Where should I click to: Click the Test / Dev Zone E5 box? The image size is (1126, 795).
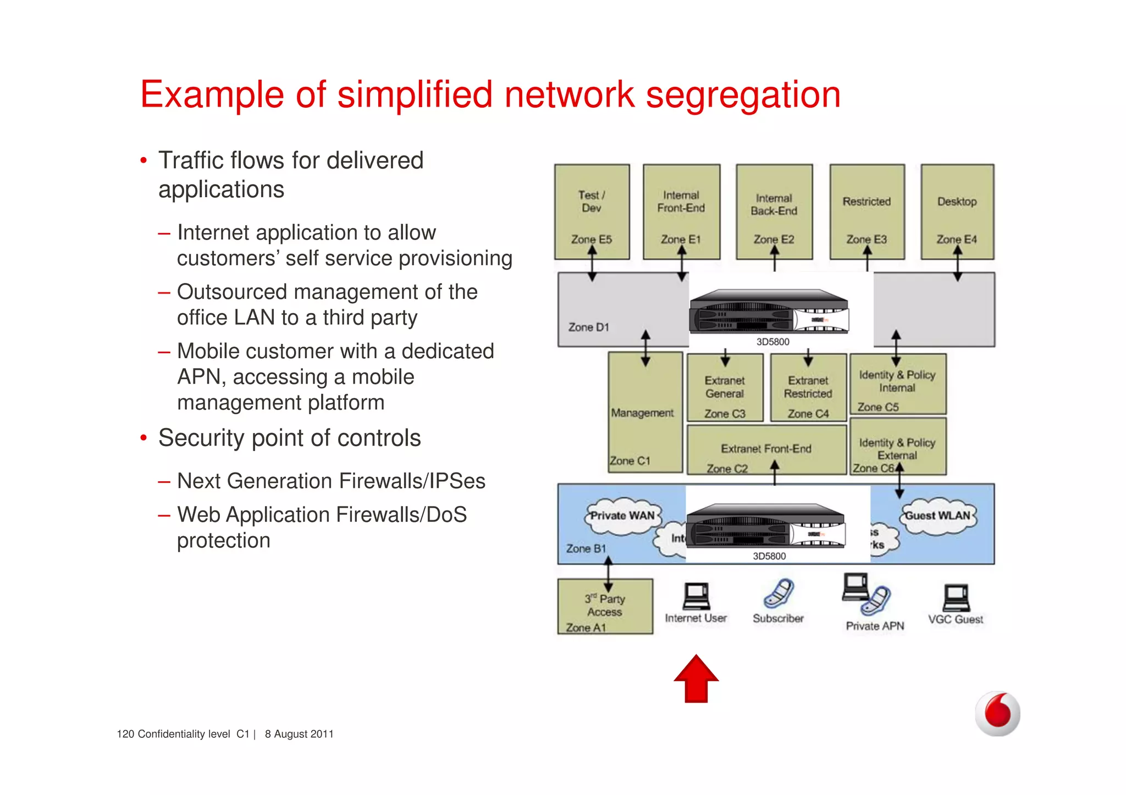point(592,212)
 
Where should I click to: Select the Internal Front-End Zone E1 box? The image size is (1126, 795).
point(681,212)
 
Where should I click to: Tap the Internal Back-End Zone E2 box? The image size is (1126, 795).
point(774,212)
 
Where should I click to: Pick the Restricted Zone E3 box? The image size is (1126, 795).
point(866,212)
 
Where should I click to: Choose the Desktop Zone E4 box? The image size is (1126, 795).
point(957,212)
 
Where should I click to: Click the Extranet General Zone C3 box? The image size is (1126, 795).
point(725,388)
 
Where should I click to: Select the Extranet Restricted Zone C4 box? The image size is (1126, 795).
point(808,388)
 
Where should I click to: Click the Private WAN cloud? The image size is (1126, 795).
point(622,516)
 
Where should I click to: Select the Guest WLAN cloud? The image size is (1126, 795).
point(938,516)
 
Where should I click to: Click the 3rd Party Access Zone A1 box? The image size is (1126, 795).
point(605,607)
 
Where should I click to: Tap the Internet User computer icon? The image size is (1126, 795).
point(697,597)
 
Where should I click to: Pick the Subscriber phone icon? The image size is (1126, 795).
point(779,593)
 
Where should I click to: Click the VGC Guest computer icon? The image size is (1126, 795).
point(957,598)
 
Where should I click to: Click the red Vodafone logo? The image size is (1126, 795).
point(997,713)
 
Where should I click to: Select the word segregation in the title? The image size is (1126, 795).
point(743,95)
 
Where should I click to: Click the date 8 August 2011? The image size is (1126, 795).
point(299,734)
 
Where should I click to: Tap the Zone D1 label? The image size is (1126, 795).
point(588,327)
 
